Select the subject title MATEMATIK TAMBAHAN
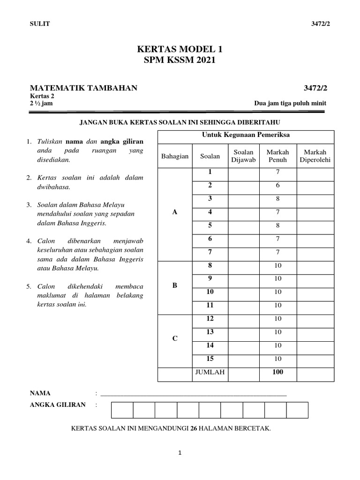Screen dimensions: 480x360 (x=83, y=88)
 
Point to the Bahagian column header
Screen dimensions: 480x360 (x=175, y=156)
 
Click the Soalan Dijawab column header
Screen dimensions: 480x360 (x=243, y=156)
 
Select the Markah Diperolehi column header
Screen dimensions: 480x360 (x=315, y=156)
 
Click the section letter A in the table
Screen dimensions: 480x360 (x=175, y=212)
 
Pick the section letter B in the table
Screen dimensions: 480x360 (x=175, y=285)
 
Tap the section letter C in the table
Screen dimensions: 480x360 (x=175, y=338)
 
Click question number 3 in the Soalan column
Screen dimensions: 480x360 (x=210, y=199)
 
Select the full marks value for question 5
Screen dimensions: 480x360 (x=277, y=225)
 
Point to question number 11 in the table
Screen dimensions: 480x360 (x=210, y=305)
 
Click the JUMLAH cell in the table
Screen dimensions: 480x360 (x=210, y=373)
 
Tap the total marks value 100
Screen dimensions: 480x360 (x=277, y=373)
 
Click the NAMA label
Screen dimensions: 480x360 (x=40, y=393)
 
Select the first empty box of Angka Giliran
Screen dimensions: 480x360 (x=122, y=410)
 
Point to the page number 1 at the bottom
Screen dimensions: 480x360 (x=180, y=453)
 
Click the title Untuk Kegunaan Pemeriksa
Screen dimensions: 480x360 (x=246, y=135)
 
